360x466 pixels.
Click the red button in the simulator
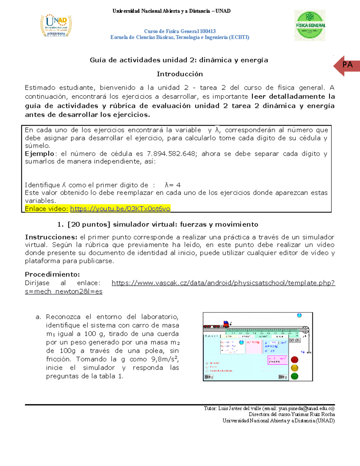click(x=295, y=359)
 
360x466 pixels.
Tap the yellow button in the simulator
click(x=295, y=368)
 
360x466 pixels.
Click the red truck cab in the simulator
click(x=226, y=324)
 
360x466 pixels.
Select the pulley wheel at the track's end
click(x=305, y=330)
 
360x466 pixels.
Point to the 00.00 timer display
click(x=295, y=340)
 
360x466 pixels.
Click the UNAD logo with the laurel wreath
click(x=56, y=26)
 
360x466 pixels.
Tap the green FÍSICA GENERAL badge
click(x=310, y=26)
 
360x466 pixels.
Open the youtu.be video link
click(x=120, y=209)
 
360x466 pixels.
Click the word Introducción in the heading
click(x=180, y=74)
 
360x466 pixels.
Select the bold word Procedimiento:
click(x=52, y=274)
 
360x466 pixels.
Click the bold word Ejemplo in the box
click(x=39, y=154)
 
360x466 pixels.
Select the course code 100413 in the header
click(x=208, y=31)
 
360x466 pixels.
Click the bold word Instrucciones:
click(x=51, y=237)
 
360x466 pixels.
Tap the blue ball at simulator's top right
click(x=299, y=315)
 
